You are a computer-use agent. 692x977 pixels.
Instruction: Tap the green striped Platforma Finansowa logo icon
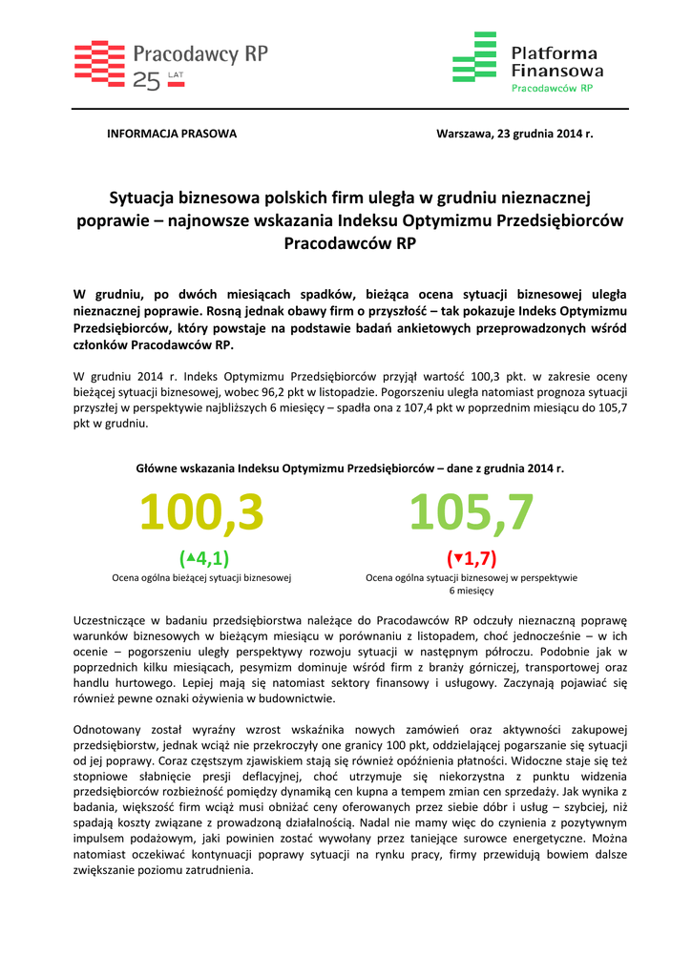(474, 57)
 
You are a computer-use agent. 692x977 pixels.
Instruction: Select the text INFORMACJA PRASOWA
(171, 134)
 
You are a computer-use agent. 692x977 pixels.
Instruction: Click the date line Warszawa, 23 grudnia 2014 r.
(514, 134)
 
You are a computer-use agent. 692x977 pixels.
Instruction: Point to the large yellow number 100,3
(201, 513)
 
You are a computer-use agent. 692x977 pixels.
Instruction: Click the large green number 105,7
(472, 513)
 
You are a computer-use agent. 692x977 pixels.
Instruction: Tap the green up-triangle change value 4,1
(204, 557)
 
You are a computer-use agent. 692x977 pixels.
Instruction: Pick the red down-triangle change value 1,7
(472, 557)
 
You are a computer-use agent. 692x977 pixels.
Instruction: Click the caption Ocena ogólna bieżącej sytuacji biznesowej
(201, 577)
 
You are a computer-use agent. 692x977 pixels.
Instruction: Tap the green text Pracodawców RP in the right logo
(553, 88)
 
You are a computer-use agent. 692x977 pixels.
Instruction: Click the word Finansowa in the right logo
(556, 70)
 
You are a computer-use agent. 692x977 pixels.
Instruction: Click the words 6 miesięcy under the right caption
(472, 592)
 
